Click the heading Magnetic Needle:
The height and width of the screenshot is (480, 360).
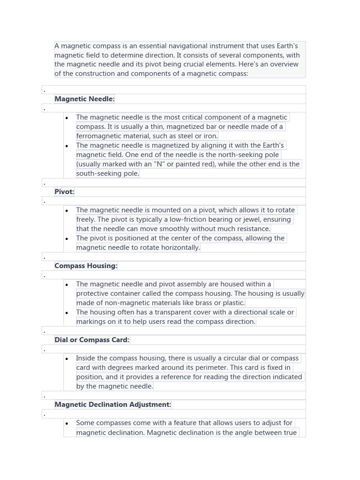pyautogui.click(x=84, y=99)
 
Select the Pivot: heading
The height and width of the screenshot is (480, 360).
pyautogui.click(x=64, y=192)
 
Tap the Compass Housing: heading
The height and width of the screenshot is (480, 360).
pyautogui.click(x=86, y=266)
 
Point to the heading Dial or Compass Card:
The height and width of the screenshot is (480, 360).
pyautogui.click(x=92, y=340)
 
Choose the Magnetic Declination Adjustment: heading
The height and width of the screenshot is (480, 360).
pyautogui.click(x=112, y=405)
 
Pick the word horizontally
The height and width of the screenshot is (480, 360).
pyautogui.click(x=176, y=247)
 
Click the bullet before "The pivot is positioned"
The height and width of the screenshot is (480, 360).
pyautogui.click(x=67, y=239)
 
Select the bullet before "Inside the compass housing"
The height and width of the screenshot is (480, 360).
pyautogui.click(x=67, y=359)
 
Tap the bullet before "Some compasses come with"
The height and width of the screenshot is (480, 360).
pyautogui.click(x=67, y=423)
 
